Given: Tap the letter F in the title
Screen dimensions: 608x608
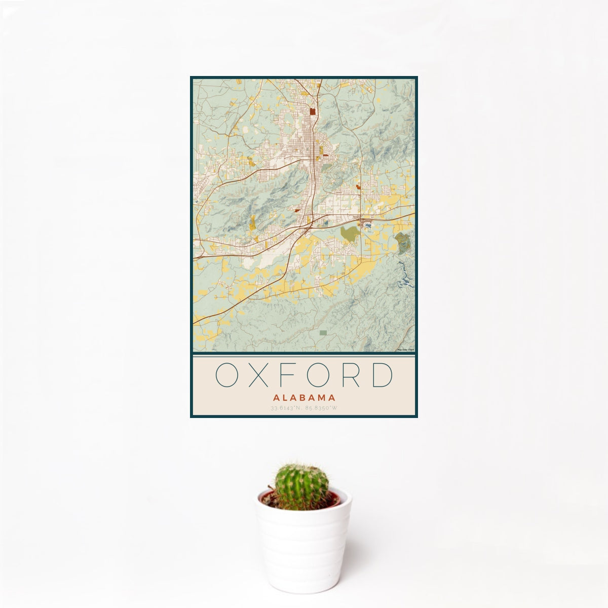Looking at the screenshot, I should (x=293, y=375).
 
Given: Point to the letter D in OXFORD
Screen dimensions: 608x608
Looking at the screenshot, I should (x=383, y=375).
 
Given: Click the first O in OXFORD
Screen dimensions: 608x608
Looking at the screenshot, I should (x=226, y=375).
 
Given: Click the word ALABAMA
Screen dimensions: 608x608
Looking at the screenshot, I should (x=303, y=398).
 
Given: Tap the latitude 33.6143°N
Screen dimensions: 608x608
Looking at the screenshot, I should (x=287, y=408).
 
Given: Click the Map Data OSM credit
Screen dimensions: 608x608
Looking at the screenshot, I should (x=406, y=350).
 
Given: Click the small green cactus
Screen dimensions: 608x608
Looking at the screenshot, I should (x=301, y=486).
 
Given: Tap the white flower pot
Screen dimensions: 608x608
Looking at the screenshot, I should (x=303, y=547).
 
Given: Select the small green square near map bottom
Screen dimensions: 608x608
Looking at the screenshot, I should (x=323, y=333).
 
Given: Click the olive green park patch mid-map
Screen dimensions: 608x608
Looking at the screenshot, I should (x=349, y=234).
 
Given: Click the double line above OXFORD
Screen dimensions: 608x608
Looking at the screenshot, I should (x=303, y=356).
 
